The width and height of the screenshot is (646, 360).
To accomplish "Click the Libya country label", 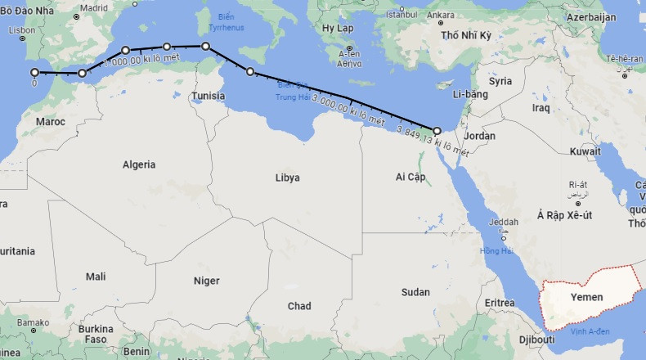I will pyautogui.click(x=287, y=178).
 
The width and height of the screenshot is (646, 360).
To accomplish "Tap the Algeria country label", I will pyautogui.click(x=139, y=164).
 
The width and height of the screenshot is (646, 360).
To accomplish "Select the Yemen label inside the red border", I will pyautogui.click(x=586, y=297).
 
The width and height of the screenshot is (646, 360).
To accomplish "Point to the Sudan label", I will pyautogui.click(x=415, y=292).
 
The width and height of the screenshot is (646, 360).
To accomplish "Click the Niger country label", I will pyautogui.click(x=206, y=281).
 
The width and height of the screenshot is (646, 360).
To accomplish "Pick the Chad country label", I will pyautogui.click(x=299, y=306).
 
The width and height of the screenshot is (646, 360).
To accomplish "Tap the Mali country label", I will pyautogui.click(x=96, y=277).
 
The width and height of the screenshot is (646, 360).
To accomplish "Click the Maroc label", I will pyautogui.click(x=51, y=122).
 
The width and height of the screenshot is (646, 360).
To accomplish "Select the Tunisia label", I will pyautogui.click(x=209, y=96).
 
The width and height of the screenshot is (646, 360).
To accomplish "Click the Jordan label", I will pyautogui.click(x=479, y=136).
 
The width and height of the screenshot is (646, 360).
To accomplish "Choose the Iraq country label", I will pyautogui.click(x=541, y=107).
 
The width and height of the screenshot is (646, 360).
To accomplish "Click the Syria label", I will pyautogui.click(x=500, y=81).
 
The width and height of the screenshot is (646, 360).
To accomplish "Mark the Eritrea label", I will pyautogui.click(x=500, y=303).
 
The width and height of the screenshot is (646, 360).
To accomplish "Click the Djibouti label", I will pyautogui.click(x=537, y=339).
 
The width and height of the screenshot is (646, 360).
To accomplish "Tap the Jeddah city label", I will pyautogui.click(x=503, y=222).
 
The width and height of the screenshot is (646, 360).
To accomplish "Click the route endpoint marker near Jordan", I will pyautogui.click(x=437, y=130).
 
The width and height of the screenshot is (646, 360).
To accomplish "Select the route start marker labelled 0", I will pyautogui.click(x=34, y=72).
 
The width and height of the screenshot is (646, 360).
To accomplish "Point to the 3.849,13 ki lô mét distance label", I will pyautogui.click(x=432, y=142).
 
